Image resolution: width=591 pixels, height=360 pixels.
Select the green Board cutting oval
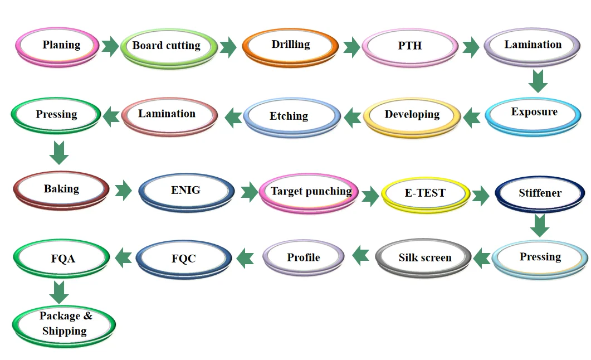(167, 47)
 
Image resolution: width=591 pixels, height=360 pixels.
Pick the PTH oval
(409, 47)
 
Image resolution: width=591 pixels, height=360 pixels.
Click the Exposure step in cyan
(534, 114)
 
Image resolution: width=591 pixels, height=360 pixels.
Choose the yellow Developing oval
(412, 116)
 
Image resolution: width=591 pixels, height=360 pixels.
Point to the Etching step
(289, 117)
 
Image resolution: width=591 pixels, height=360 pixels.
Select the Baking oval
(61, 189)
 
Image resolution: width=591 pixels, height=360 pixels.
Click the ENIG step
(185, 191)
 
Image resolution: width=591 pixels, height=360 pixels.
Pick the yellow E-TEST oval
(424, 194)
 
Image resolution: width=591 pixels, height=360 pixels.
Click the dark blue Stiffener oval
(540, 194)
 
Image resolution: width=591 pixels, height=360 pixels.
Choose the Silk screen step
(424, 259)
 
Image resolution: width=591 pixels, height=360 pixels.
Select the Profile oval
(304, 258)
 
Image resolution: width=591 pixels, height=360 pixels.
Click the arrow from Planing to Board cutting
(110, 46)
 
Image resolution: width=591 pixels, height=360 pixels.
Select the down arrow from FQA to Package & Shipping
(59, 291)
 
